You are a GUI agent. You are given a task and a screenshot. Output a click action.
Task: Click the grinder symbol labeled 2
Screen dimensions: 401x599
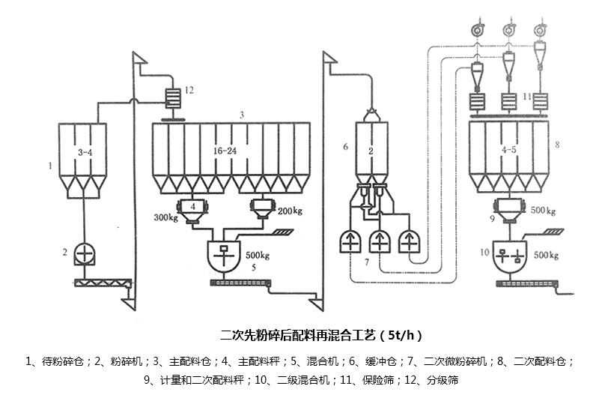84,255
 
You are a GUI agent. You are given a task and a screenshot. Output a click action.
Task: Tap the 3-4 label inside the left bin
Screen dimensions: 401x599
83,152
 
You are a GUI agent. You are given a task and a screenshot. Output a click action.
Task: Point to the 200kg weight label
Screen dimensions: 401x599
290,211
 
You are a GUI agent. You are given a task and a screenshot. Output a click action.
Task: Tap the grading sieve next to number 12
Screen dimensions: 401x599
174,98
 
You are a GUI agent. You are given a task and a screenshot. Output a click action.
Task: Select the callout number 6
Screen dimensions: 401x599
345,147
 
